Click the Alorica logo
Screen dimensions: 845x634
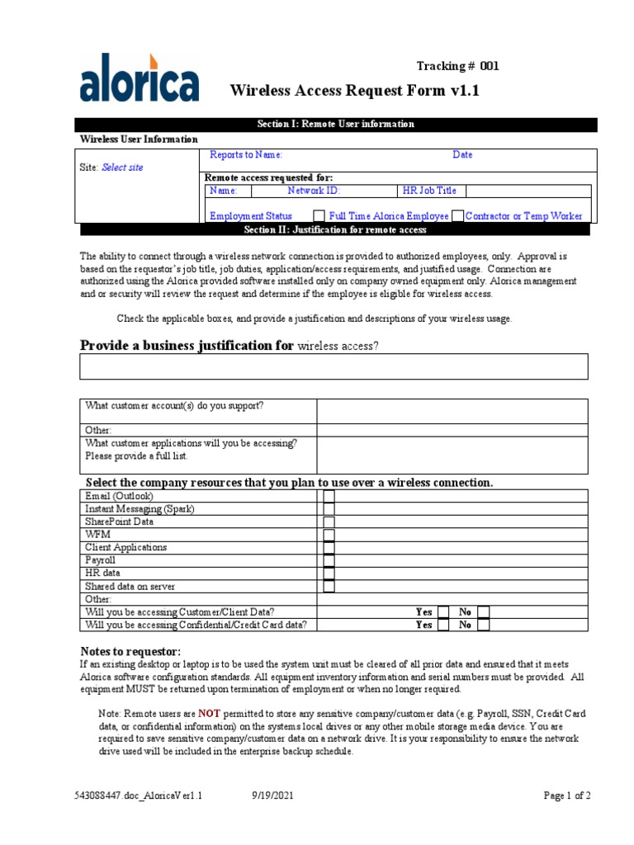(x=139, y=78)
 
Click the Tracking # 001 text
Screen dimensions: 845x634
(x=457, y=67)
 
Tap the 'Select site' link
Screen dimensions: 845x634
(x=122, y=168)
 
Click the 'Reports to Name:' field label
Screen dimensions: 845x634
(x=246, y=155)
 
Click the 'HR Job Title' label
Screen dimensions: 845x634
(x=428, y=191)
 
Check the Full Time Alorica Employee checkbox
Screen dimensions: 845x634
(x=318, y=216)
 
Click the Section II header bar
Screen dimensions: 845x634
(x=335, y=229)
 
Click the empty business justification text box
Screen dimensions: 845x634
(x=334, y=366)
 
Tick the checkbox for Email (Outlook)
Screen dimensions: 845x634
(x=329, y=496)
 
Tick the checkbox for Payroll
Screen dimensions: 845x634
(x=329, y=560)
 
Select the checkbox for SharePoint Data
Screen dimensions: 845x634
(x=329, y=522)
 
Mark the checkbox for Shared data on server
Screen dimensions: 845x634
(x=329, y=586)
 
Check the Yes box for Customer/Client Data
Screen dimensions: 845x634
(x=443, y=612)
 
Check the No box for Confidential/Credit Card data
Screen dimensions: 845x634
(x=484, y=625)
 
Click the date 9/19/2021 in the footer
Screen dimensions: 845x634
(x=272, y=796)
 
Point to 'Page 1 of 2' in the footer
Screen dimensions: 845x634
(x=566, y=796)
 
